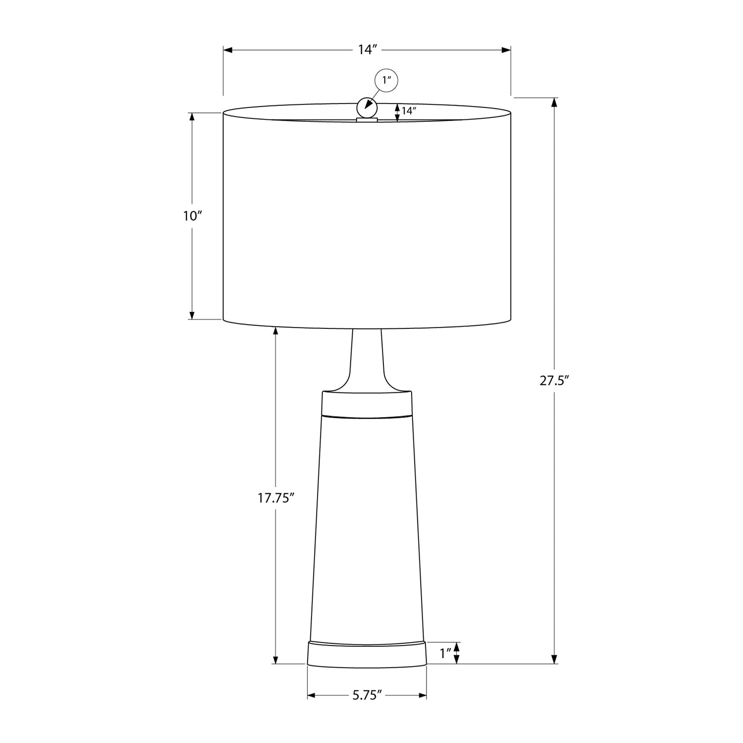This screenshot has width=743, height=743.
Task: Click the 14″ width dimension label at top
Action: [x=368, y=50]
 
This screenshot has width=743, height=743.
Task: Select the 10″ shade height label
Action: [x=193, y=216]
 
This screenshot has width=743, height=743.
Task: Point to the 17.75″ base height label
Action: [x=276, y=498]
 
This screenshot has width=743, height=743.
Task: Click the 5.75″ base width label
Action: [x=367, y=695]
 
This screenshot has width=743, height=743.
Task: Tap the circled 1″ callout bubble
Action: [x=386, y=80]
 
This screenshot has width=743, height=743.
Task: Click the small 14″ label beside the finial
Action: [x=409, y=111]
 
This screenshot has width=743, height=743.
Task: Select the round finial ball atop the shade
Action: [x=367, y=106]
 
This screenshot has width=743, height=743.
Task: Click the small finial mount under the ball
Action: [x=367, y=119]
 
